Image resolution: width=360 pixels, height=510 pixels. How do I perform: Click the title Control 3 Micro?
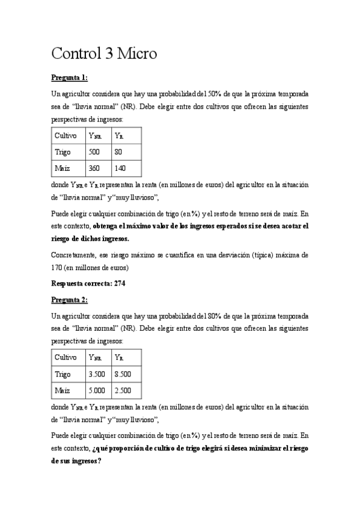point(104,54)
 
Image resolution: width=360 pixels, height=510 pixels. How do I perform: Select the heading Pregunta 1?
point(70,78)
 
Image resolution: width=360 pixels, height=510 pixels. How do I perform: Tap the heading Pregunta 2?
point(70,299)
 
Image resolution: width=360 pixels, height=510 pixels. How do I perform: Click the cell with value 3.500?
point(97,373)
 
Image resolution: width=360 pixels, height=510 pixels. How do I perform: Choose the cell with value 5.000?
point(97,390)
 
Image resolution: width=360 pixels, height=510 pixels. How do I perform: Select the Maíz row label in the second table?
point(63,390)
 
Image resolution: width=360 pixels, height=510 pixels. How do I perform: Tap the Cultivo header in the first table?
point(66,136)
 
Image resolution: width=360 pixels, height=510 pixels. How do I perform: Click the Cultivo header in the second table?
point(66,357)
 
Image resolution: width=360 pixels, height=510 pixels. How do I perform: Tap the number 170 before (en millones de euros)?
point(58,266)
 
